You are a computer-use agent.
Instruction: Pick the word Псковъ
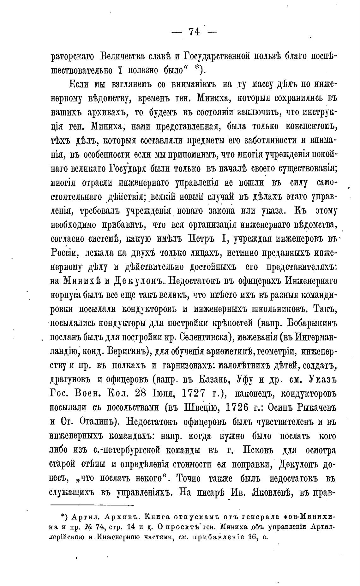pos(261,450)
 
